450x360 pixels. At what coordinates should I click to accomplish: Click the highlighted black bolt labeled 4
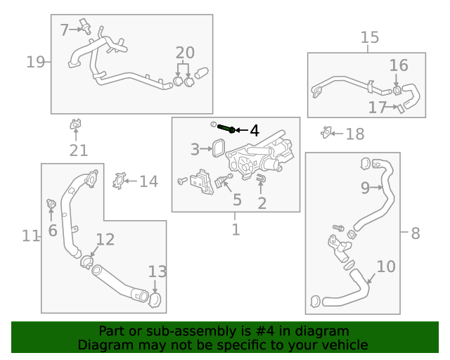(226, 129)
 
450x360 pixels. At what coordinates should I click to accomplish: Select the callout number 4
(254, 130)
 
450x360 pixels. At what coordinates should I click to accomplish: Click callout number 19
(35, 63)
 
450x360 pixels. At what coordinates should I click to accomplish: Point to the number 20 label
(185, 53)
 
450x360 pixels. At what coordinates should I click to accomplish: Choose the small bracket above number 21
(75, 125)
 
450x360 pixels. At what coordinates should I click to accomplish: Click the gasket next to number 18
(326, 131)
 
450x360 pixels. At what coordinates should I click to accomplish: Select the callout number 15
(369, 37)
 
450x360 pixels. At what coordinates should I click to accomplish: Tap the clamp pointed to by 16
(398, 90)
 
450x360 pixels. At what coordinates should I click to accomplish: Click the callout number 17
(378, 107)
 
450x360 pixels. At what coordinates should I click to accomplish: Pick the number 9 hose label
(365, 187)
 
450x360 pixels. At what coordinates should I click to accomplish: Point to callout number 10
(386, 266)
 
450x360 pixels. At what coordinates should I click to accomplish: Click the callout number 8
(415, 233)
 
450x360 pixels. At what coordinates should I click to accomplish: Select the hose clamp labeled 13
(155, 299)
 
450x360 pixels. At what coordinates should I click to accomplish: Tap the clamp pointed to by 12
(86, 262)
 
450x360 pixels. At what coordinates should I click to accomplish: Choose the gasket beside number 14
(119, 181)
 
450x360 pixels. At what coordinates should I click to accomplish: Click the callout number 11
(30, 236)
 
